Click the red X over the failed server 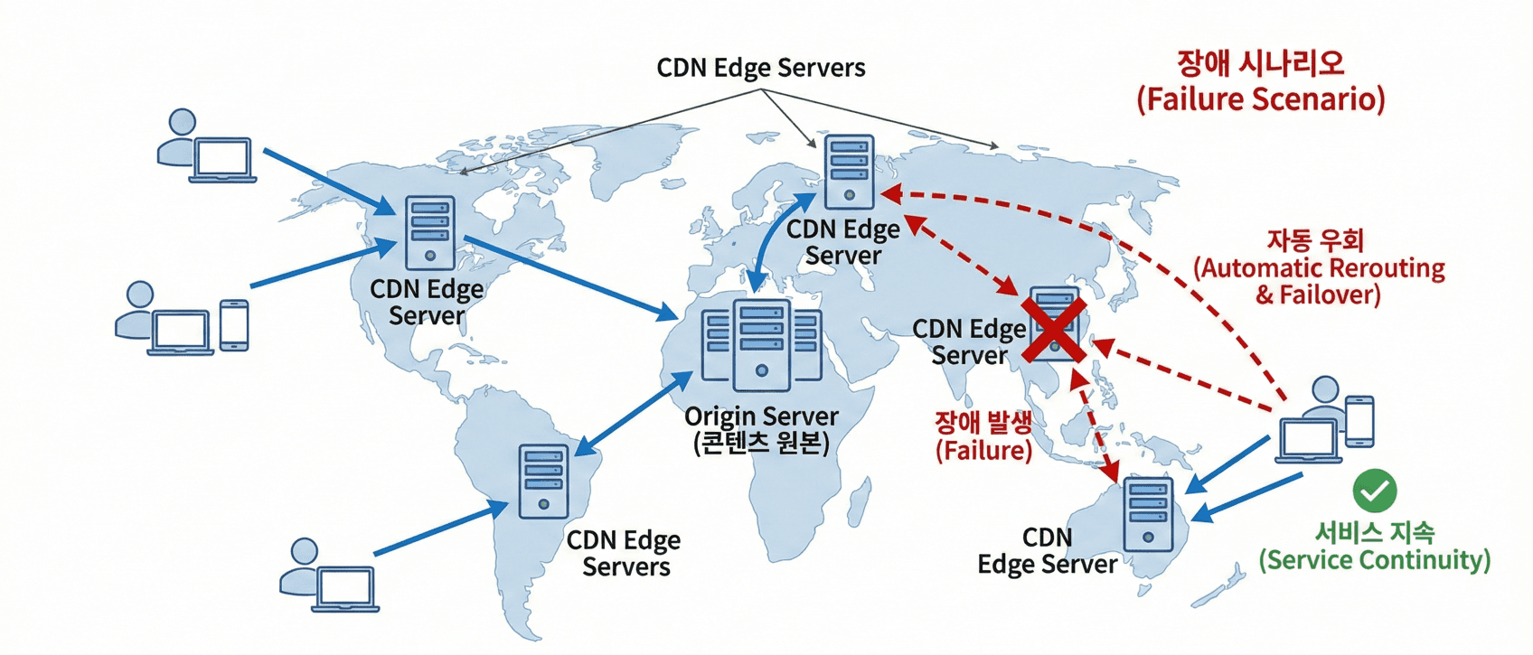pyautogui.click(x=1055, y=330)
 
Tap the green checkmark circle pyautogui.click(x=1375, y=491)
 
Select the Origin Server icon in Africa pyautogui.click(x=762, y=345)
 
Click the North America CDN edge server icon pyautogui.click(x=430, y=233)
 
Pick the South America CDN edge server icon pyautogui.click(x=544, y=482)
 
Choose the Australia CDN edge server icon pyautogui.click(x=1149, y=514)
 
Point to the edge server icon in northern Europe pyautogui.click(x=849, y=172)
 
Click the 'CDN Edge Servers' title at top pyautogui.click(x=760, y=68)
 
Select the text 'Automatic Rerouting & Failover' pyautogui.click(x=1318, y=281)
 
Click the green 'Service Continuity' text pyautogui.click(x=1374, y=559)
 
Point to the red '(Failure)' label pyautogui.click(x=983, y=450)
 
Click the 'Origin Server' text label pyautogui.click(x=761, y=416)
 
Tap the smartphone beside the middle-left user pyautogui.click(x=234, y=325)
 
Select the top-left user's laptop pyautogui.click(x=222, y=161)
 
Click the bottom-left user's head pyautogui.click(x=305, y=551)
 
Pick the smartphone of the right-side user pyautogui.click(x=1359, y=420)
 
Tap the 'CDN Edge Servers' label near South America pyautogui.click(x=625, y=553)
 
